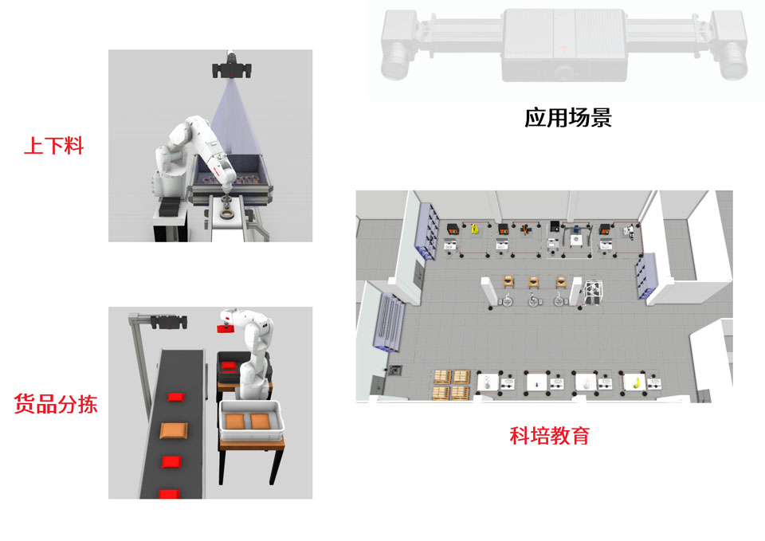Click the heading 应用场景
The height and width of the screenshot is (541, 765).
pyautogui.click(x=568, y=118)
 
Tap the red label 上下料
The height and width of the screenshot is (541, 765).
pyautogui.click(x=53, y=146)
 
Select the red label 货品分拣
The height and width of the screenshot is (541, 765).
pyautogui.click(x=56, y=404)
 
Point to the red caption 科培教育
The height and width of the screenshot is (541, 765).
pyautogui.click(x=549, y=435)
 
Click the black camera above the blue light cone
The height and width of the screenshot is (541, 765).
pyautogui.click(x=232, y=70)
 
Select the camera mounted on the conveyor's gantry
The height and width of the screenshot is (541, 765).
pyautogui.click(x=169, y=322)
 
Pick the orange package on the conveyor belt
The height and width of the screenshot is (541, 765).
pyautogui.click(x=174, y=431)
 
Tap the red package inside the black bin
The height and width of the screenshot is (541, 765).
pyautogui.click(x=229, y=366)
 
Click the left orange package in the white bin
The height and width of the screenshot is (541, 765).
pyautogui.click(x=236, y=421)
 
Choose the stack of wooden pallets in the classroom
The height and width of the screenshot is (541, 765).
pyautogui.click(x=452, y=385)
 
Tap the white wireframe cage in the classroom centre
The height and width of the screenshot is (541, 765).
pyautogui.click(x=593, y=292)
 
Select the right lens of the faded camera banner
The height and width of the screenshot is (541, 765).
pyautogui.click(x=733, y=61)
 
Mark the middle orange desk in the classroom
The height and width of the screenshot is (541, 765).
pyautogui.click(x=534, y=282)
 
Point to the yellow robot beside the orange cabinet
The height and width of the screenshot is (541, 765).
pyautogui.click(x=474, y=229)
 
